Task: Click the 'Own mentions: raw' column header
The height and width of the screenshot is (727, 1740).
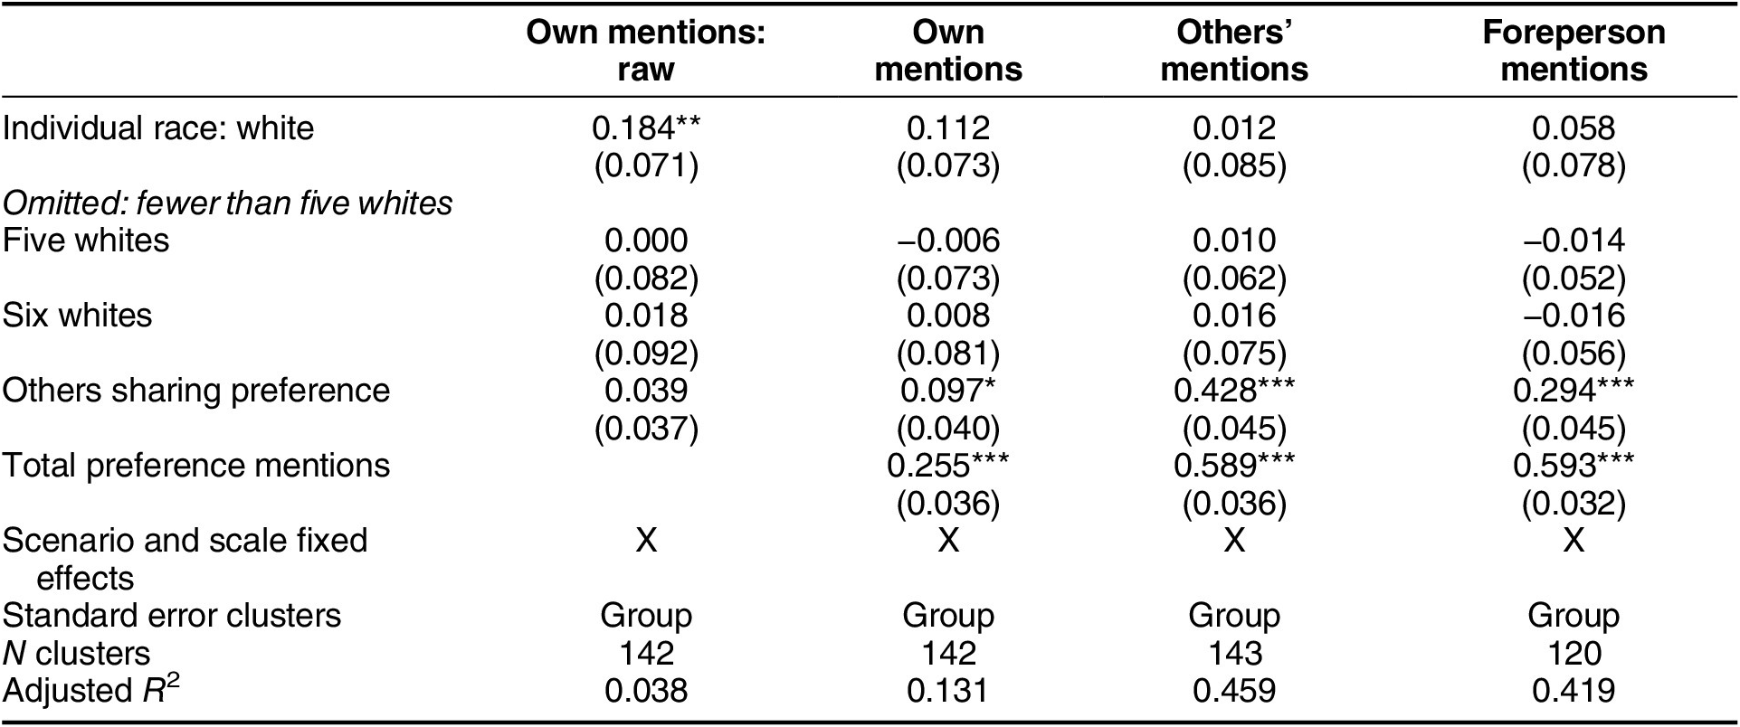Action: (645, 51)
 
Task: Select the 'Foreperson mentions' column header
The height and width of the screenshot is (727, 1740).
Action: (1574, 51)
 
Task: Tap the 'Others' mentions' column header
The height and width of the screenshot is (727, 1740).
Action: (1234, 51)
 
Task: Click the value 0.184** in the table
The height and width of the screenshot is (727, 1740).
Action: (645, 128)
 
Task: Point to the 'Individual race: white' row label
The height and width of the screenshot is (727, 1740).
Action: (158, 128)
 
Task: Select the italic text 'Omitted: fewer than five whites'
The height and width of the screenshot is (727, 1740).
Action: (227, 203)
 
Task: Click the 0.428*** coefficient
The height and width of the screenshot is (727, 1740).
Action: (1234, 391)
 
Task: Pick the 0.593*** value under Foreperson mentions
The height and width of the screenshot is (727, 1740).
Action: (1574, 466)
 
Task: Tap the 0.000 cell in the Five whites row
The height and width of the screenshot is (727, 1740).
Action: (645, 241)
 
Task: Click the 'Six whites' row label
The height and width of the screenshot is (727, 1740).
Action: (78, 316)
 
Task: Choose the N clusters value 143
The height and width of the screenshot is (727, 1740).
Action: (1234, 653)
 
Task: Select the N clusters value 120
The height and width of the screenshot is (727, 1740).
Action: (1574, 653)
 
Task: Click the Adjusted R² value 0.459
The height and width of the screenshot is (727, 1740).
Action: (1234, 691)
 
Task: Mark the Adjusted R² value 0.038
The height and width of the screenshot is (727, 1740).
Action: (645, 691)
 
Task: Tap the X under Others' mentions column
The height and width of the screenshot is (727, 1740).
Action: (1234, 541)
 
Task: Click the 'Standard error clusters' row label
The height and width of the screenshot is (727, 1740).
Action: (172, 616)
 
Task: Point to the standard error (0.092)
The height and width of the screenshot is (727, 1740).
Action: (645, 354)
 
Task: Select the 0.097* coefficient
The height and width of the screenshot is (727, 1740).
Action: (948, 391)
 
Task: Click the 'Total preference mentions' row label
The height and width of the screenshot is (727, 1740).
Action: (196, 466)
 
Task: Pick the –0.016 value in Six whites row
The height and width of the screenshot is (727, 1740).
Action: (1574, 316)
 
